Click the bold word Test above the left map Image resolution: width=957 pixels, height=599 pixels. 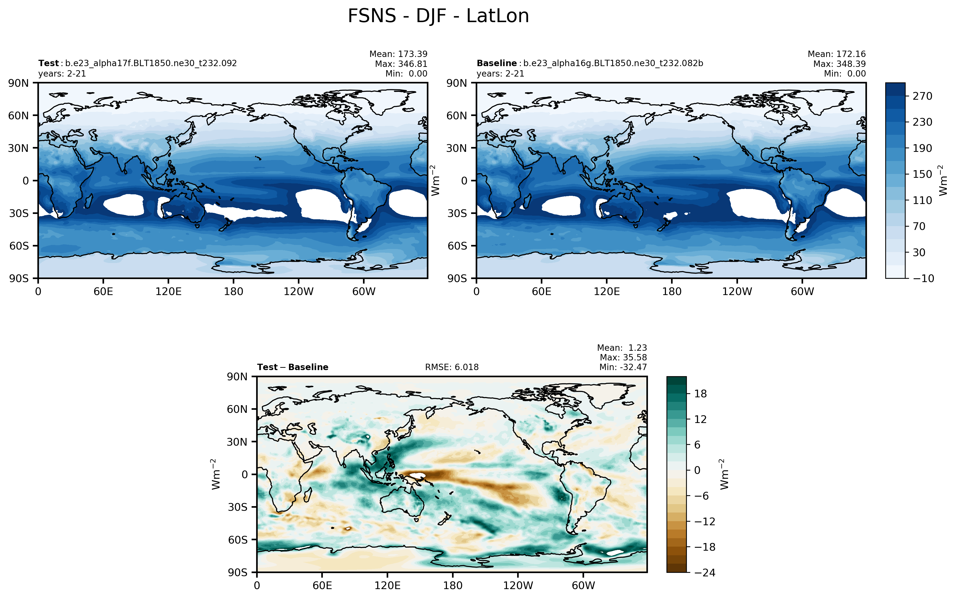pyautogui.click(x=48, y=63)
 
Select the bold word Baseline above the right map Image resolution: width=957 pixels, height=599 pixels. pyautogui.click(x=496, y=63)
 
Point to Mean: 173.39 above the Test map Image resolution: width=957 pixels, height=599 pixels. pyautogui.click(x=398, y=54)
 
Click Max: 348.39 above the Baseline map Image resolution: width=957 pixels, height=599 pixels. pyautogui.click(x=839, y=64)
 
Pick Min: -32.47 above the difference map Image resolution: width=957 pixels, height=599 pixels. pyautogui.click(x=623, y=367)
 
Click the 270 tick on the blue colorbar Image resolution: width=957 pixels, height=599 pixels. pyautogui.click(x=923, y=96)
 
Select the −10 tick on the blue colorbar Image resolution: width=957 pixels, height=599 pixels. pyautogui.click(x=923, y=279)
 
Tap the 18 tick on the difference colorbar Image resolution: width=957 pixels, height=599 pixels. pyautogui.click(x=700, y=394)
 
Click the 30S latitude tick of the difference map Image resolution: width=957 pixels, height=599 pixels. pyautogui.click(x=237, y=507)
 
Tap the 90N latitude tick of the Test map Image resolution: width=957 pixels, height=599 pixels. pyautogui.click(x=18, y=83)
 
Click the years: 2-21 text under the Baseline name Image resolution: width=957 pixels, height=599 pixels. pyautogui.click(x=500, y=74)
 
